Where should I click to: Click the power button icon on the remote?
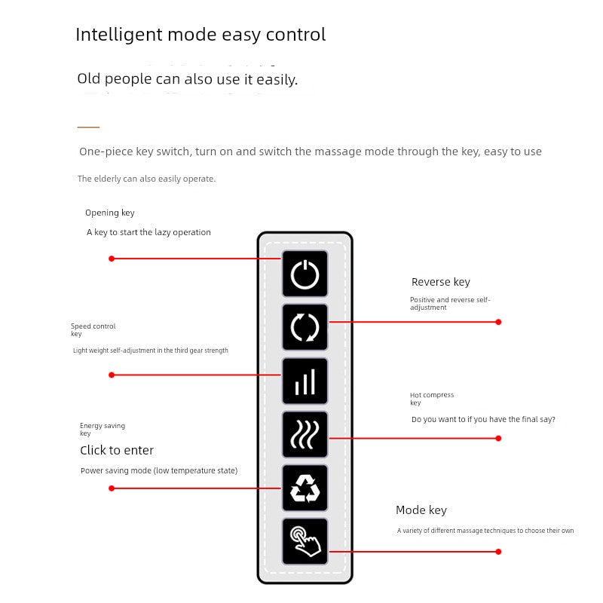[x=305, y=274]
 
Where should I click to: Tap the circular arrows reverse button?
[x=305, y=328]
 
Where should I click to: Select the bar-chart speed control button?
[x=305, y=381]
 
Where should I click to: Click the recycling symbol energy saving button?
[x=305, y=488]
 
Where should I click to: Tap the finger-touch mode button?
[x=305, y=541]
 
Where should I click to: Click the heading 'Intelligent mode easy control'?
[x=200, y=35]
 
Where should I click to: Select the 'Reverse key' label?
[x=440, y=282]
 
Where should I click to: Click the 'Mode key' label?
[x=421, y=510]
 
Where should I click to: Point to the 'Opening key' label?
[x=110, y=213]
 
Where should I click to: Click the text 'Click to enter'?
[x=117, y=450]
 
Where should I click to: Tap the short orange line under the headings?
[x=88, y=127]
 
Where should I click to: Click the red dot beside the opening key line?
[x=112, y=259]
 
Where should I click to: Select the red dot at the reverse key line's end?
[x=498, y=322]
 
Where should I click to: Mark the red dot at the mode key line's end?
[x=498, y=552]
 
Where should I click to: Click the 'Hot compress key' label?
[x=431, y=399]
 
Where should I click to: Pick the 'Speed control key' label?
[x=93, y=329]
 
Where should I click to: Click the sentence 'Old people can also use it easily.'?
[x=187, y=79]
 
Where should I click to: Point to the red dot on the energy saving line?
[x=112, y=488]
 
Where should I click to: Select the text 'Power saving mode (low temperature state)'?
[x=159, y=471]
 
